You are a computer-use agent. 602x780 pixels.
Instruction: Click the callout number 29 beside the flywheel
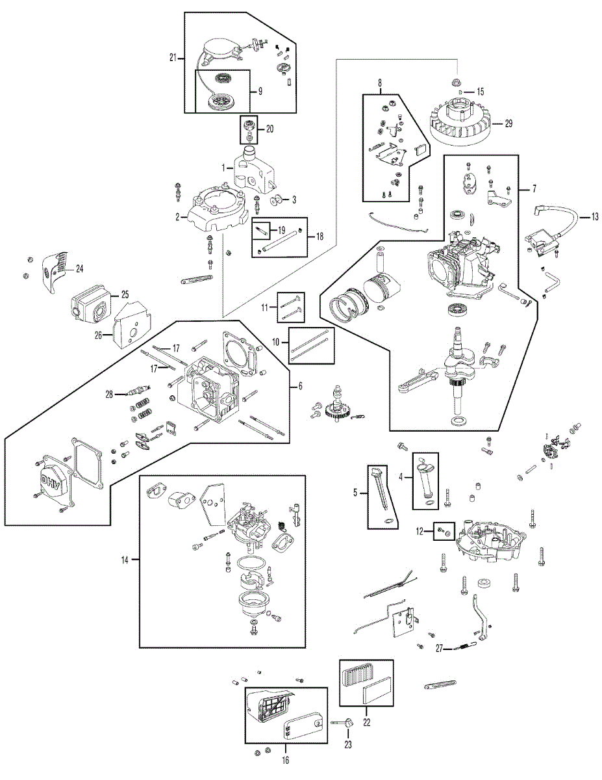(508, 123)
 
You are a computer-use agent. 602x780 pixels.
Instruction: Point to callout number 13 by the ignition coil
(595, 217)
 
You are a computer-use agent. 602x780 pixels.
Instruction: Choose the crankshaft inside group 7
(460, 375)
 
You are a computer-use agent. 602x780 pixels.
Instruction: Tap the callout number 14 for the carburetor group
(125, 560)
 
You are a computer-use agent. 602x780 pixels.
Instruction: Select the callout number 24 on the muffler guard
(80, 268)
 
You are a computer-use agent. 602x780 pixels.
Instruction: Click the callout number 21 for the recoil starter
(173, 57)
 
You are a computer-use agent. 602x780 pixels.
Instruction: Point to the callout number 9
(260, 92)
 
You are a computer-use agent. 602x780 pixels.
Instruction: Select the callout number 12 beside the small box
(420, 531)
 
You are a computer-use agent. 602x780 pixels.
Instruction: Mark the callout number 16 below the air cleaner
(285, 760)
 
